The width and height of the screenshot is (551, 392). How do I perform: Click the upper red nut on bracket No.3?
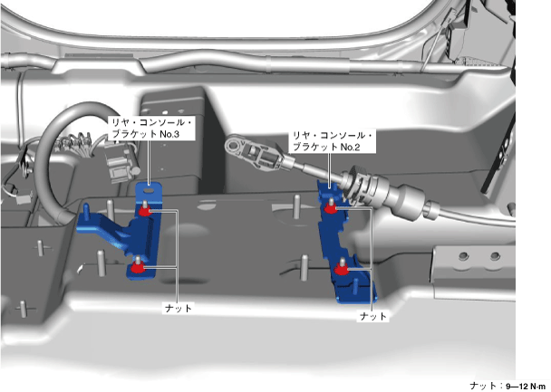(x=145, y=212)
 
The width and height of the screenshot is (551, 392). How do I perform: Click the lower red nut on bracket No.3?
(x=136, y=266)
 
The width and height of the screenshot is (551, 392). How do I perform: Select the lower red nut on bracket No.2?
(x=341, y=268)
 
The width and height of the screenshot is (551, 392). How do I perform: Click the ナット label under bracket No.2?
(x=373, y=316)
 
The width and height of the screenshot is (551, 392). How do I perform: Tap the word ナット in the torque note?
(x=484, y=385)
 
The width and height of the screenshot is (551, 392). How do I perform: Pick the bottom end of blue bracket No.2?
(x=362, y=292)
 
